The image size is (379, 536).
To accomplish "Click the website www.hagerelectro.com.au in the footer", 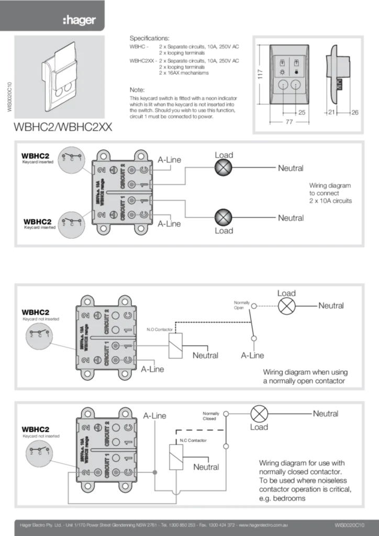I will coord(264,524).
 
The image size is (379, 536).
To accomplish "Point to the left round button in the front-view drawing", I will coord(283,86).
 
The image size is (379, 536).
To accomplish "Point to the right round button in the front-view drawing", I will coord(297,86).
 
